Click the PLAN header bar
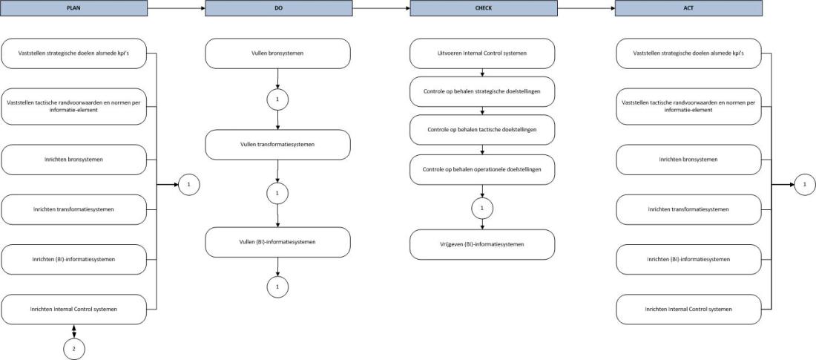pos(73,8)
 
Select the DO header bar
pos(277,8)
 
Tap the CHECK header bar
pos(482,8)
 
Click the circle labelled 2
pos(73,347)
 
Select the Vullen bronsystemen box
pos(277,54)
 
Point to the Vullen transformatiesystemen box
pos(277,144)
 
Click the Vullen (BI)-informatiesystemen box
pos(277,242)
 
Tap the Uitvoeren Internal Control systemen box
pos(482,53)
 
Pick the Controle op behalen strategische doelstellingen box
pos(482,91)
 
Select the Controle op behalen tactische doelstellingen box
pos(482,130)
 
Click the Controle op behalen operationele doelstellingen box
pos(482,169)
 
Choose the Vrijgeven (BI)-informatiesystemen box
pos(482,244)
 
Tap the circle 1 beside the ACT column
pos(805,183)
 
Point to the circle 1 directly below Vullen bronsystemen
pos(277,99)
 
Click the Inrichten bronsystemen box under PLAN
pos(73,160)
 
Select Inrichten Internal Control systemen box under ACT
pos(688,309)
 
